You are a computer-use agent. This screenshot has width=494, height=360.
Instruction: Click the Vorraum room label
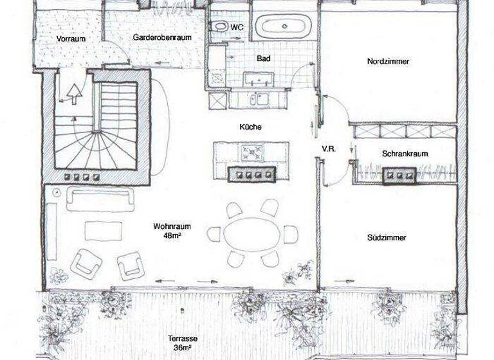point(71,39)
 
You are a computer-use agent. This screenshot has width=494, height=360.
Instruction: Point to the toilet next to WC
point(219,27)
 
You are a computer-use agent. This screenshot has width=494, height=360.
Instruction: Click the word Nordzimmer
point(389,62)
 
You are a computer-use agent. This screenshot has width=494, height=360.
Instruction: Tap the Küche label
point(251,127)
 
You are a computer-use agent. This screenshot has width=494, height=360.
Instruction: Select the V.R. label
point(329,148)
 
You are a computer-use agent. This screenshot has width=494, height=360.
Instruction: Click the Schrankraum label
point(405,154)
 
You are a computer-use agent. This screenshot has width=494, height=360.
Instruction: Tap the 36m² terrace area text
point(182,348)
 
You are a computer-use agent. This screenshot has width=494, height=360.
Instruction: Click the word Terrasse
point(182,339)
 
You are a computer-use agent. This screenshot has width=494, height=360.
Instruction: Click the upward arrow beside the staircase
point(75,93)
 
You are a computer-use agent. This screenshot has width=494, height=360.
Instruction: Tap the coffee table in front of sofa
point(100,230)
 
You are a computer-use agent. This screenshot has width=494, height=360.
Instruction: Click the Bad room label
point(263,59)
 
